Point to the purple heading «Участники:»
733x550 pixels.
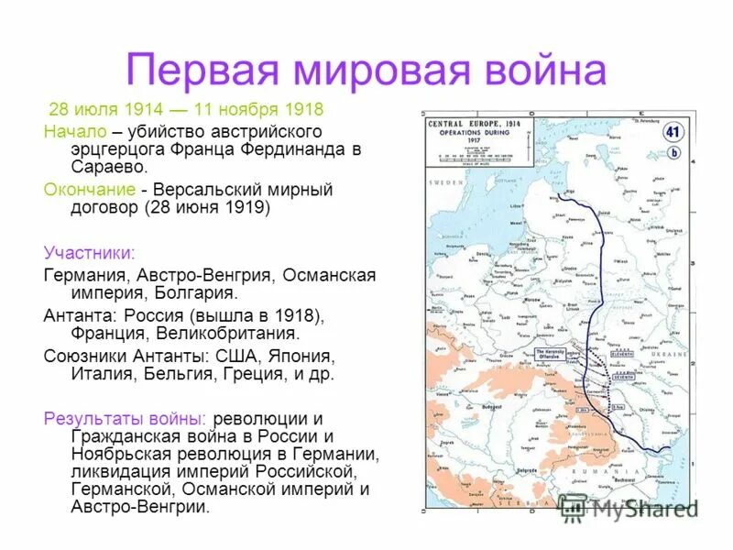(x=89, y=252)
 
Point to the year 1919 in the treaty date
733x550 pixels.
(x=242, y=208)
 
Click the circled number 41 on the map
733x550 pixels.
(x=673, y=131)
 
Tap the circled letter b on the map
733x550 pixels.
(x=674, y=153)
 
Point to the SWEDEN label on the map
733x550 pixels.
(x=446, y=209)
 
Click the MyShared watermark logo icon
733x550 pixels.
(x=573, y=507)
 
